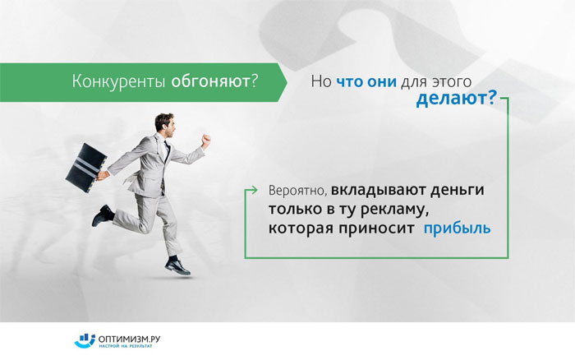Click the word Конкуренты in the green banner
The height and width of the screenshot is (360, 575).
click(118, 81)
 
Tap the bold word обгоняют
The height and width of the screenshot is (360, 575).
click(210, 81)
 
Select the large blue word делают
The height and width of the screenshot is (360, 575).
click(452, 99)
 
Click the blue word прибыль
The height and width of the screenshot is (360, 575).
click(457, 228)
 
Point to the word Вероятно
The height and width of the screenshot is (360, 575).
click(297, 191)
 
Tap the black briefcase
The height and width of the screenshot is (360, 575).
click(86, 168)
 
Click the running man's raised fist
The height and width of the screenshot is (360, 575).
click(205, 141)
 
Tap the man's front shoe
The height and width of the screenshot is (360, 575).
click(177, 266)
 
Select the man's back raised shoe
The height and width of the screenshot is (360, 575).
click(103, 215)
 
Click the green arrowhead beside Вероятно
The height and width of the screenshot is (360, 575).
click(253, 190)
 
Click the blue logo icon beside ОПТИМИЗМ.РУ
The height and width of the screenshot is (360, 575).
click(85, 340)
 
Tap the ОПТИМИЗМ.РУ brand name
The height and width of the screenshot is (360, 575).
click(130, 339)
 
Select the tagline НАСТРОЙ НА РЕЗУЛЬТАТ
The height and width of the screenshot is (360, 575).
click(125, 346)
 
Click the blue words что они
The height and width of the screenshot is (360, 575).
click(366, 81)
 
